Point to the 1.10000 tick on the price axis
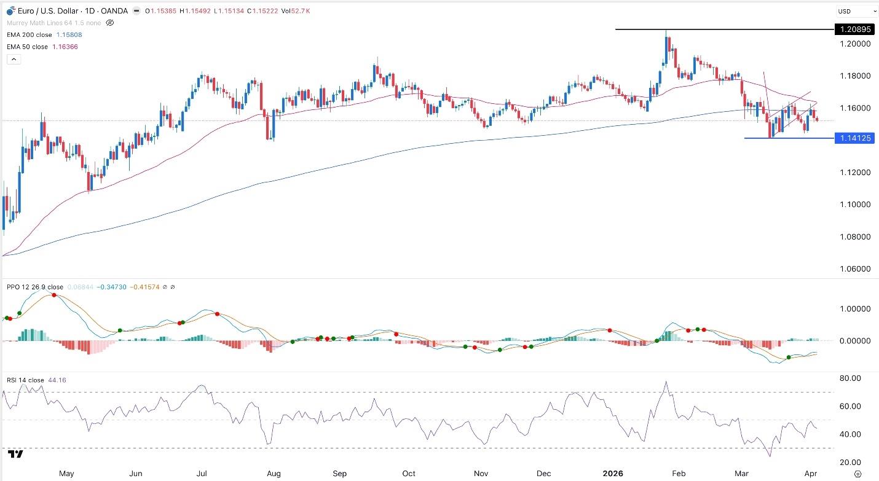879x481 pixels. [x=854, y=205]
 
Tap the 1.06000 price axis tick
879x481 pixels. [x=854, y=269]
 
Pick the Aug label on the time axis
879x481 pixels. [x=274, y=474]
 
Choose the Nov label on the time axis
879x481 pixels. [x=481, y=474]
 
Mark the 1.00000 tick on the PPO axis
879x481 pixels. [x=854, y=309]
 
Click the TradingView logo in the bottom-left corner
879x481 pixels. [x=16, y=454]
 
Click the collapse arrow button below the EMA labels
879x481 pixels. [x=14, y=59]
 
